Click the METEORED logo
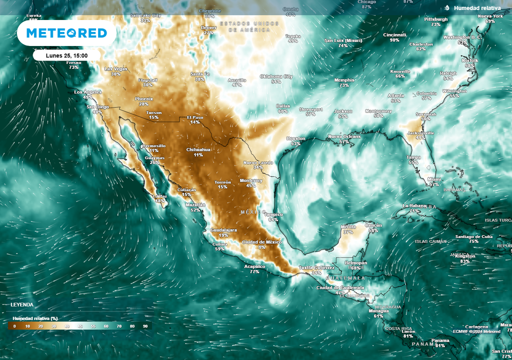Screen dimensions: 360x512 pos(66,33)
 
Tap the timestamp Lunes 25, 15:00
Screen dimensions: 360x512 pos(66,55)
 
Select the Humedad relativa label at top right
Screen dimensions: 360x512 pos(477,8)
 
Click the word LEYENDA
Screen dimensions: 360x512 pos(22,304)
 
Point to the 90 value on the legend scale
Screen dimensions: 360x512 pos(145,326)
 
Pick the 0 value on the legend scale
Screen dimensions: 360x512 pos(14,326)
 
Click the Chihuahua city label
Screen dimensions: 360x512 pos(198,149)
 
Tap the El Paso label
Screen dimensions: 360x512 pos(194,117)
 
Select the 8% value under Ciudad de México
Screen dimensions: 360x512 pos(262,247)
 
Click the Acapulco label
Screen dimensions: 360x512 pos(254,266)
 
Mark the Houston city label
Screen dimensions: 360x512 pos(295,138)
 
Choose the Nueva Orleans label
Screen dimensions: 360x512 pos(344,136)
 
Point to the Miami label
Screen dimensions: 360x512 pos(434,179)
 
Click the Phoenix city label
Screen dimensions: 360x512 pos(144,99)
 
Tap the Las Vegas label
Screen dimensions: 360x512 pos(115,68)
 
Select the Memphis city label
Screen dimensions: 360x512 pos(344,80)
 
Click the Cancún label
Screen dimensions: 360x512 pos(373,225)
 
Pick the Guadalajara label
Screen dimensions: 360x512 pos(223,229)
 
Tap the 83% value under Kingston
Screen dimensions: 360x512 pos(465,261)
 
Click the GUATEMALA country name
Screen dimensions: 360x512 pos(345,278)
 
